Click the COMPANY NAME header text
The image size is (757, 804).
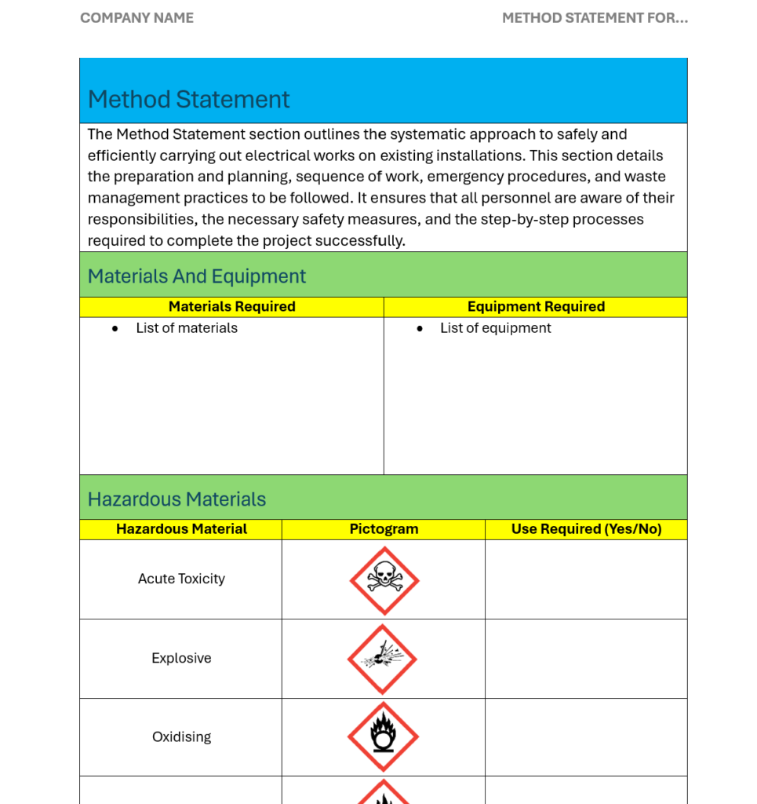[136, 18]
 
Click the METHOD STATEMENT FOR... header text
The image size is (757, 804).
[595, 18]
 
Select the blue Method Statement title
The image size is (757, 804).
[188, 100]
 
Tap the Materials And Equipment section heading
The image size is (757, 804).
[196, 276]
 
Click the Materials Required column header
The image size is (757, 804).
[231, 307]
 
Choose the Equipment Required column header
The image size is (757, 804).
[536, 307]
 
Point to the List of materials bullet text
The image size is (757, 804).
[187, 328]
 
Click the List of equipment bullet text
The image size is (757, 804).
[495, 328]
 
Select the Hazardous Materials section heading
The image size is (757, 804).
[177, 499]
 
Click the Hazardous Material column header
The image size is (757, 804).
[181, 529]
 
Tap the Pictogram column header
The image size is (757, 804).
[384, 529]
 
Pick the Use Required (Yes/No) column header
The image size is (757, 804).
[586, 529]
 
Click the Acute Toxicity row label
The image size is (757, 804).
[181, 579]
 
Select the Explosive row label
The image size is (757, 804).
[181, 658]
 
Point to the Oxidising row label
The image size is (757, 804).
[181, 736]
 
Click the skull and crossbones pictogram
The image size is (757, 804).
[384, 580]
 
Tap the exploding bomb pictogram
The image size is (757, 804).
[382, 659]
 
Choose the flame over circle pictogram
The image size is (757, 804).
[383, 736]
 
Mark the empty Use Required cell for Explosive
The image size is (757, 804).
[586, 659]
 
